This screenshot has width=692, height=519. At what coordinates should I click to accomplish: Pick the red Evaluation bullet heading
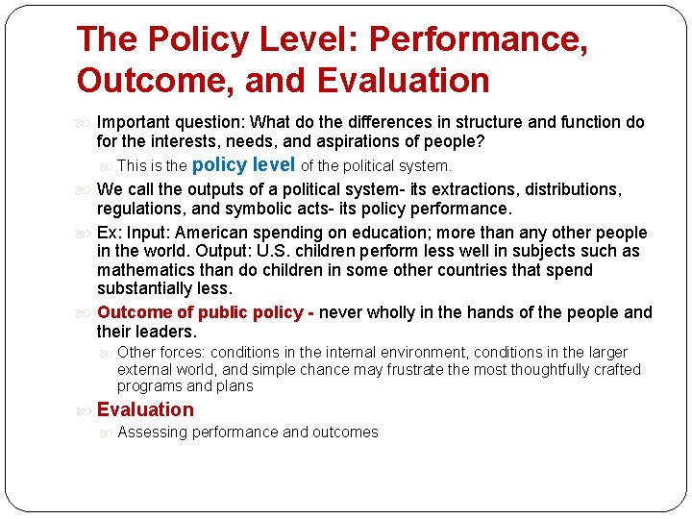145,409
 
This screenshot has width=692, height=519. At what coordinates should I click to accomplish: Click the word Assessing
152,432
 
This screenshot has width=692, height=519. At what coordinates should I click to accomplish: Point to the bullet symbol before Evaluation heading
86,410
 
